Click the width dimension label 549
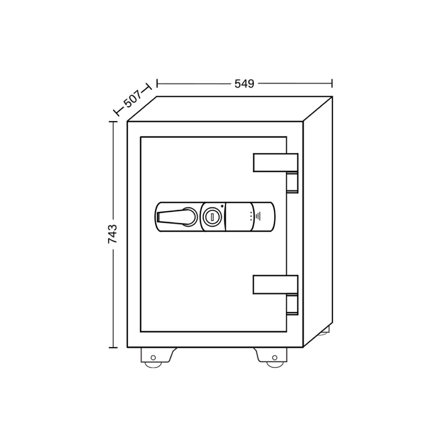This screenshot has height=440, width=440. (x=244, y=84)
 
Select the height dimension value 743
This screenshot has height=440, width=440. (x=113, y=234)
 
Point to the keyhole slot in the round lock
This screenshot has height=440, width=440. (x=212, y=216)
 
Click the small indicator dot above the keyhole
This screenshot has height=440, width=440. (x=222, y=206)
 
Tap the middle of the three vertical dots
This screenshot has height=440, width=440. (x=251, y=216)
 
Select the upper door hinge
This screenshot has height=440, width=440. (x=275, y=162)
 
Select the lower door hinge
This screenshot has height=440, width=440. (x=275, y=285)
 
